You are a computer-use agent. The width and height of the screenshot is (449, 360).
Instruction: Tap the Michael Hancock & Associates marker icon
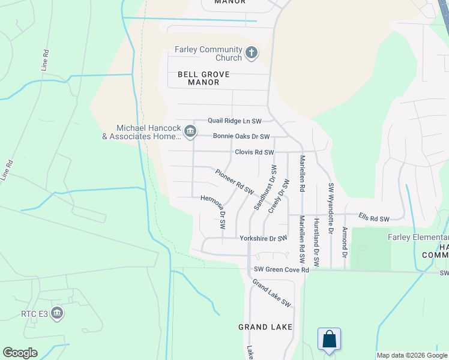click(x=190, y=131)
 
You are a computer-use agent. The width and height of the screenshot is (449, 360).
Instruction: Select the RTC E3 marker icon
click(x=57, y=313)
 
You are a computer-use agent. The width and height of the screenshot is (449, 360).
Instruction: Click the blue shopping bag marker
click(x=329, y=339)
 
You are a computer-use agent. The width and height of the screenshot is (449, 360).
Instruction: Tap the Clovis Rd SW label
click(x=255, y=152)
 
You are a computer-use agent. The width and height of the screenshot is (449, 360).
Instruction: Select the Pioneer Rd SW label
click(x=235, y=181)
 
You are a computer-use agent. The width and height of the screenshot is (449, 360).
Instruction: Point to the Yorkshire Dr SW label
click(x=264, y=238)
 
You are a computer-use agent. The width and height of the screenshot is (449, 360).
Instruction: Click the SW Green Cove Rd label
click(x=281, y=270)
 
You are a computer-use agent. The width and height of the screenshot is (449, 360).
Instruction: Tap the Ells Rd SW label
click(x=374, y=218)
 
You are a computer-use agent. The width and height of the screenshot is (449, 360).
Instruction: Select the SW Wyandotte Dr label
click(x=330, y=208)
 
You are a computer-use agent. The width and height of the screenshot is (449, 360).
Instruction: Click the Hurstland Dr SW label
click(x=316, y=242)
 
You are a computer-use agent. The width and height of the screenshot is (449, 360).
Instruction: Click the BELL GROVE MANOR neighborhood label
click(x=199, y=78)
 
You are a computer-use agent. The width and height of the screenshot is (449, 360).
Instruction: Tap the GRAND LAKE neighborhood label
click(x=265, y=327)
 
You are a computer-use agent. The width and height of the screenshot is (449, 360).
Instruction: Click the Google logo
click(x=20, y=353)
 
